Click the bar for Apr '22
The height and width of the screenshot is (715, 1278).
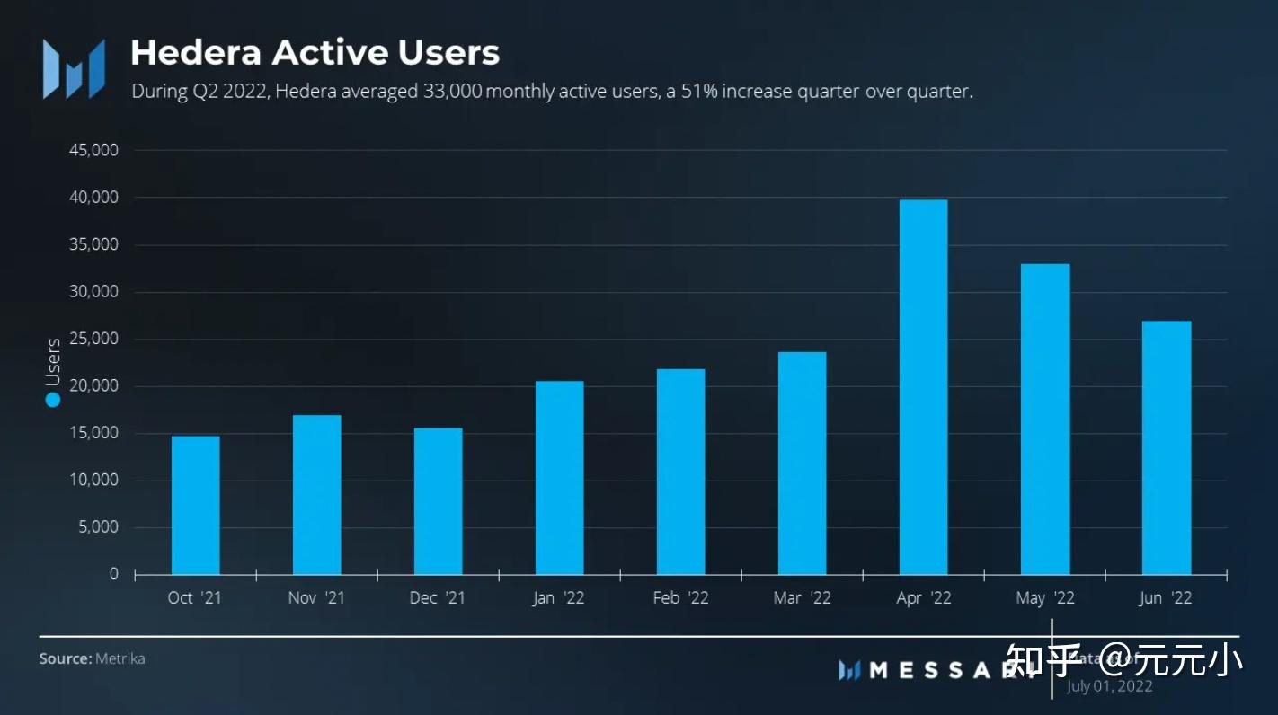[x=923, y=387]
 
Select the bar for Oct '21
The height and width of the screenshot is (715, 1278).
[x=195, y=505]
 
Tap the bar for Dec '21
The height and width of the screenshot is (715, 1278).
[x=438, y=501]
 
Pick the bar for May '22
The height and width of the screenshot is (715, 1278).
[x=1045, y=419]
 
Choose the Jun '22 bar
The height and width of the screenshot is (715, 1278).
[x=1167, y=447]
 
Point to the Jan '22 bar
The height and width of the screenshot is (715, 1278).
[x=559, y=478]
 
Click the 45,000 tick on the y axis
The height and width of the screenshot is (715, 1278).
[x=93, y=150]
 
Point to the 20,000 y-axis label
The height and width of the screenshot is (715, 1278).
[x=93, y=385]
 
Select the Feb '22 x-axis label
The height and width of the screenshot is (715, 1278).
[x=680, y=598]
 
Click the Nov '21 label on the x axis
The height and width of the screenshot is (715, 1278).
[x=316, y=598]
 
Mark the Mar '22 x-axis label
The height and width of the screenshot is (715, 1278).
[x=802, y=598]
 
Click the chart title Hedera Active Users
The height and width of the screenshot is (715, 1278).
[x=315, y=52]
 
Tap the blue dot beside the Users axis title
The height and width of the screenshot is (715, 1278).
[x=53, y=400]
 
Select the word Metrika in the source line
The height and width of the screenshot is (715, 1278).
[x=120, y=658]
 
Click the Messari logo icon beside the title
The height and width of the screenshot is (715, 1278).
[x=74, y=69]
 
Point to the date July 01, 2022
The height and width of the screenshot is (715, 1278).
[x=1109, y=686]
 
